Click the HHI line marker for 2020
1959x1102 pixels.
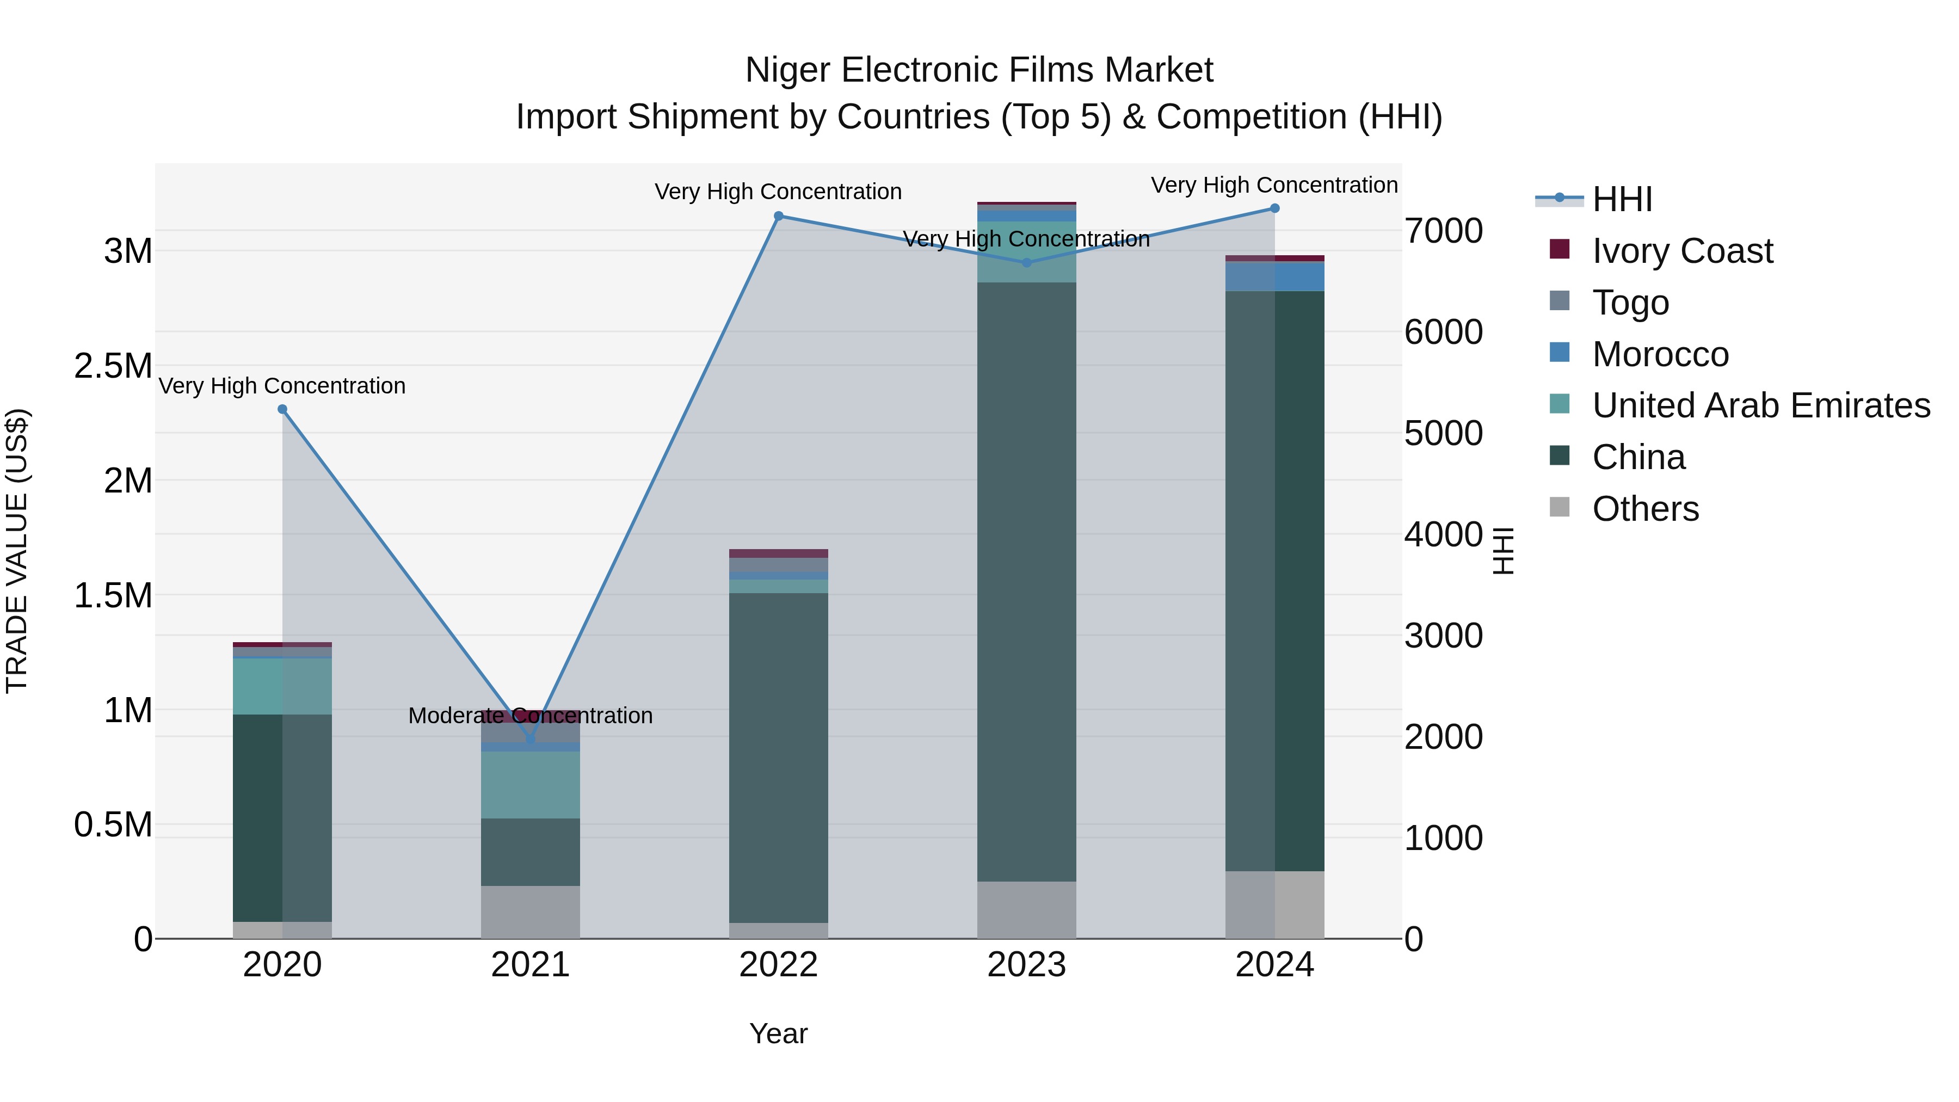point(282,409)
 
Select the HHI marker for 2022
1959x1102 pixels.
point(779,216)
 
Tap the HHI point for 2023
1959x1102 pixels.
point(1027,262)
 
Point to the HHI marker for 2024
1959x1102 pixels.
point(1274,208)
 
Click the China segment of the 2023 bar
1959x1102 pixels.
point(1027,582)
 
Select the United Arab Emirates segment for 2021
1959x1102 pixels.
point(530,785)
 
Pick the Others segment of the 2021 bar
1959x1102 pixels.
point(530,912)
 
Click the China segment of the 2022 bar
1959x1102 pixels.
point(779,758)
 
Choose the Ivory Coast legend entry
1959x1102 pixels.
point(1682,251)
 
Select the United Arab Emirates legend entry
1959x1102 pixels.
point(1760,405)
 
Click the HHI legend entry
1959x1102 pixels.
point(1622,199)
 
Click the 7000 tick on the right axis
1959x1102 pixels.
point(1443,231)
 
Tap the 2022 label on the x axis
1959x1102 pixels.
point(779,965)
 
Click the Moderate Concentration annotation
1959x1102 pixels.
point(530,716)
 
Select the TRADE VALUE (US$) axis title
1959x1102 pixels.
point(17,551)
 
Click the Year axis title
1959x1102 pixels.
point(779,1033)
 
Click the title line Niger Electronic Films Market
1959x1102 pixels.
point(979,70)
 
